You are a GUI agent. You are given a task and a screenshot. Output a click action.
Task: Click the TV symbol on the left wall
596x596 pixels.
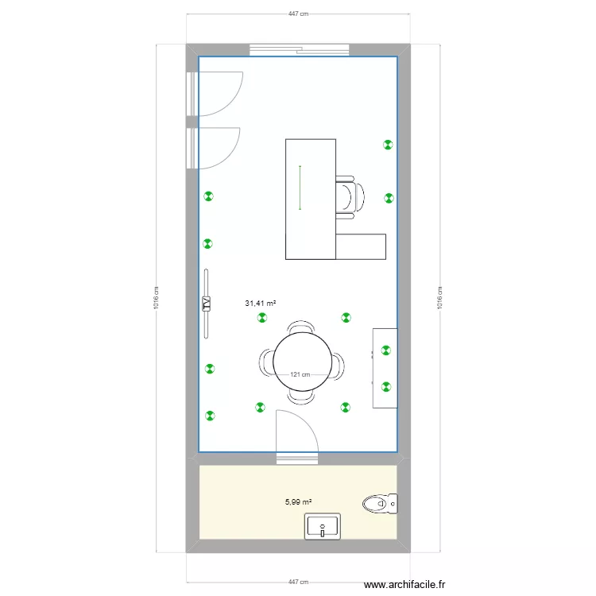click(206, 304)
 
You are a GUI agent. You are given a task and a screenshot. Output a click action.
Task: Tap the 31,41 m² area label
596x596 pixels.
click(261, 303)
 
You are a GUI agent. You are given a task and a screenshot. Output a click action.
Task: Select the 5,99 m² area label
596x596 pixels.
click(298, 501)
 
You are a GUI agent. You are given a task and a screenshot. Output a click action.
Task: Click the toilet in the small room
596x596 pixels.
click(379, 502)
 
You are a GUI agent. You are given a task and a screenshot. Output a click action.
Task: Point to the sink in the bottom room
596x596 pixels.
click(323, 526)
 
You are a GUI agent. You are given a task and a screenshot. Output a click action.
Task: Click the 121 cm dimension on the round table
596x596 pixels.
click(300, 375)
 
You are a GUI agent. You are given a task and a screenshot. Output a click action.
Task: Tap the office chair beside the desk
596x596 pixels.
click(349, 196)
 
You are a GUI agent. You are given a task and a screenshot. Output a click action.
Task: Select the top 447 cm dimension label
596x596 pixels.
click(298, 14)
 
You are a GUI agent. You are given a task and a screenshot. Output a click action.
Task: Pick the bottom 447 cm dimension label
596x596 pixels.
click(298, 582)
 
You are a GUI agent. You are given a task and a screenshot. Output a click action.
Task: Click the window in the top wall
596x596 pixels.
click(300, 50)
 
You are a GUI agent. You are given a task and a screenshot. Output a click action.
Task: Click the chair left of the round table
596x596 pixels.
click(265, 365)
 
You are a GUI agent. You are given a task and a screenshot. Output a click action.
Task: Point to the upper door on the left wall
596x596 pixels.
click(216, 93)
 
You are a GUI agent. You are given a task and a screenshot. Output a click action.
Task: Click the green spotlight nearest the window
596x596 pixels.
click(388, 145)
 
